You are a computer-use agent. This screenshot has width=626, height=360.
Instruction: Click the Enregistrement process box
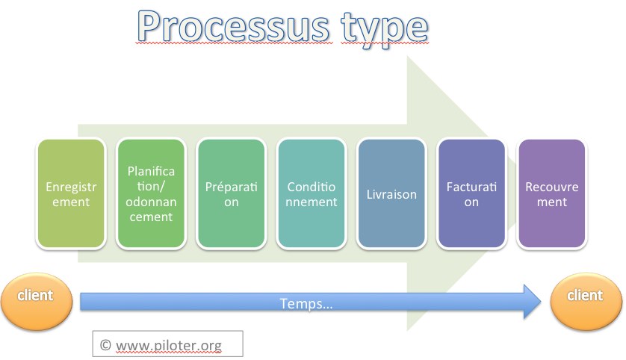point(71,193)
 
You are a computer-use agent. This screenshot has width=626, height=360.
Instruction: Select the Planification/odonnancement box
point(152,193)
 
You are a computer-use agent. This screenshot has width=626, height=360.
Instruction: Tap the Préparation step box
point(232,193)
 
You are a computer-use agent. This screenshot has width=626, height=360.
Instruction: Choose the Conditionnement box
point(312,193)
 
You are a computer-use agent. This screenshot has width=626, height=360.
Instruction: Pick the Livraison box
point(391,193)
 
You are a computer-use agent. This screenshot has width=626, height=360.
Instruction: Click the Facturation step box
point(471,193)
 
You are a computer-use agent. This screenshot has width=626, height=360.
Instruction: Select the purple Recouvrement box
point(552,193)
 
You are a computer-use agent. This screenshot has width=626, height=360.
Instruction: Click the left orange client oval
point(37,301)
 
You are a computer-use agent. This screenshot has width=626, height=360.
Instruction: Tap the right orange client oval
point(586,301)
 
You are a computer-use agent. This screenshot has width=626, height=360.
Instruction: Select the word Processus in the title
point(233,27)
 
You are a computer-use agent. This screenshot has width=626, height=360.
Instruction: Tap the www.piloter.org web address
point(169,345)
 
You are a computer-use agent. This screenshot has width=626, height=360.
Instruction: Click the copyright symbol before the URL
point(105,345)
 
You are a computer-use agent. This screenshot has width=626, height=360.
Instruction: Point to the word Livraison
point(391,194)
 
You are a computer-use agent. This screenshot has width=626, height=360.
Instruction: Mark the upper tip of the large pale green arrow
point(407,56)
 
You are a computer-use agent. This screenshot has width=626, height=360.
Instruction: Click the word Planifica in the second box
point(152,171)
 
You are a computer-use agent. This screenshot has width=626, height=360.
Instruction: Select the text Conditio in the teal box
point(312,187)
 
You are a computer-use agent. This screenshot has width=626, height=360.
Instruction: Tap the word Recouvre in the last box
point(552,187)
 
